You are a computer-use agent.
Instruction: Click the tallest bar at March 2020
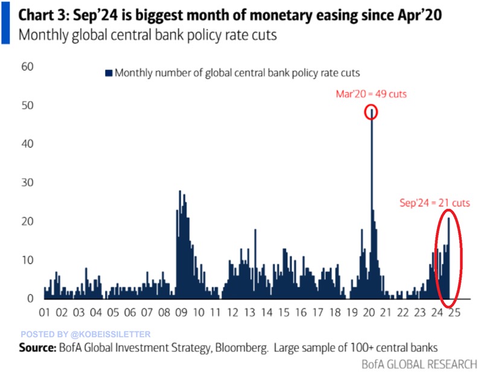pyautogui.click(x=371, y=205)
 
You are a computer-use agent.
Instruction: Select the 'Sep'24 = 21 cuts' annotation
pyautogui.click(x=435, y=203)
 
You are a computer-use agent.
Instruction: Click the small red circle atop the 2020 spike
pyautogui.click(x=371, y=112)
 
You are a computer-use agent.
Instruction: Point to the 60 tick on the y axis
pyautogui.click(x=28, y=66)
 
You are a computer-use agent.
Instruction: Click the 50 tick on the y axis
pyautogui.click(x=28, y=105)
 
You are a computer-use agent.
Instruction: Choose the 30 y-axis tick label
pyautogui.click(x=28, y=183)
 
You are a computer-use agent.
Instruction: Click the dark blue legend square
pyautogui.click(x=109, y=73)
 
